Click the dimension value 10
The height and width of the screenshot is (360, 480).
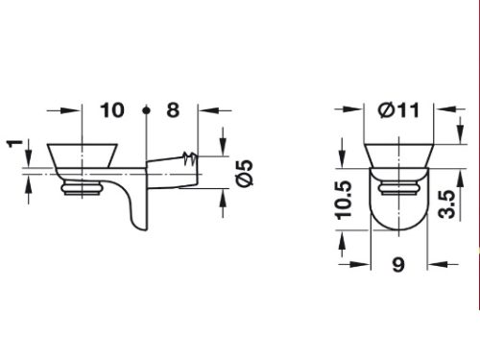(112, 110)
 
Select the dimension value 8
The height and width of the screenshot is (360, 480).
(173, 110)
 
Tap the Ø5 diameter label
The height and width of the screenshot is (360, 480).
(245, 173)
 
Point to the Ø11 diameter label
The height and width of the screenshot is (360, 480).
(398, 110)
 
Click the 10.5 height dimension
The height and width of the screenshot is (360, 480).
(344, 201)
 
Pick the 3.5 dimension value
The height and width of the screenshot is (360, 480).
(446, 204)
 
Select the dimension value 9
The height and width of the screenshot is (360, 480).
(398, 265)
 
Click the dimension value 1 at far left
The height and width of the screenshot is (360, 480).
(14, 144)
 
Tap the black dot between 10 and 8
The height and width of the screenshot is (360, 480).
(146, 110)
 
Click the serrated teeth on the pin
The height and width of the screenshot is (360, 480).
(190, 158)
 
